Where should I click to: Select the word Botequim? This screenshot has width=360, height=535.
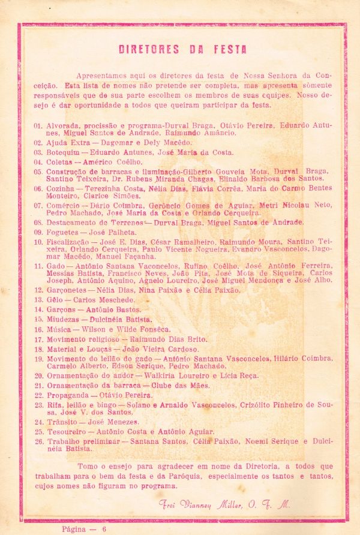pyautogui.click(x=65, y=152)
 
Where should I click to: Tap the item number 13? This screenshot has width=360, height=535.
pyautogui.click(x=38, y=299)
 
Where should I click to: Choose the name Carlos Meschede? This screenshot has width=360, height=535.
pyautogui.click(x=105, y=299)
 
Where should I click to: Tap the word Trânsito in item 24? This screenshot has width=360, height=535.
pyautogui.click(x=63, y=422)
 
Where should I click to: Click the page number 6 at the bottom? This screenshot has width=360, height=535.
pyautogui.click(x=104, y=528)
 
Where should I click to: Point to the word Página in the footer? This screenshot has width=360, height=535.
pyautogui.click(x=75, y=528)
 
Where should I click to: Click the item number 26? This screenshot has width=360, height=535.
pyautogui.click(x=38, y=441)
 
